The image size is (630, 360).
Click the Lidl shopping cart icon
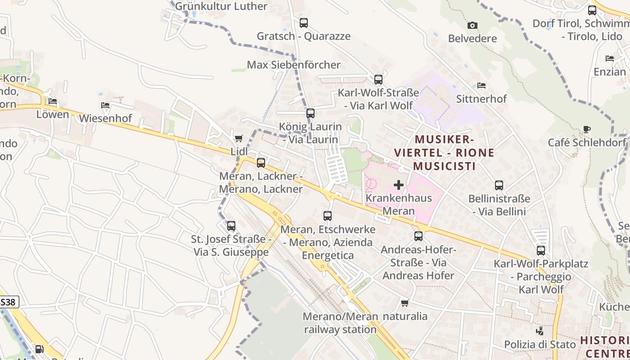[x=238, y=138]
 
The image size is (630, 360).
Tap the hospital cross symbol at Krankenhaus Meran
[x=398, y=184]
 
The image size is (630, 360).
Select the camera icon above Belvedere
[x=472, y=25]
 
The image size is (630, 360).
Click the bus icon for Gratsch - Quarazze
[x=304, y=22]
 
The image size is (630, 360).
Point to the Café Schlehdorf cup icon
[x=586, y=130]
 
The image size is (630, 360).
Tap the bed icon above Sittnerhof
[x=481, y=85]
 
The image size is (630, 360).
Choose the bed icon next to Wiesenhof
[x=105, y=105]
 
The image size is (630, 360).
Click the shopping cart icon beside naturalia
[x=405, y=303]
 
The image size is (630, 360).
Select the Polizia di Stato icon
[x=540, y=331]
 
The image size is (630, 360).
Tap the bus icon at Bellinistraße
[x=499, y=185]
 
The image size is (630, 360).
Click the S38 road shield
[x=9, y=302]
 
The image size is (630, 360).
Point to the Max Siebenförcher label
[x=293, y=65]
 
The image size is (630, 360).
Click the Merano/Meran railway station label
[x=340, y=323]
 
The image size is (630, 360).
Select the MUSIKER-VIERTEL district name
[x=444, y=153]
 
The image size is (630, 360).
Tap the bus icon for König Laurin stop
[x=310, y=113]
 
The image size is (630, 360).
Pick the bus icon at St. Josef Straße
[x=231, y=226]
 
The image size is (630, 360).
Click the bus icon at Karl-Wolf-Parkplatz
[x=540, y=250]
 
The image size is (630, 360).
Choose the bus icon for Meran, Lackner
[x=261, y=162]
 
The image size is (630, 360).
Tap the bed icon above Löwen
[x=53, y=101]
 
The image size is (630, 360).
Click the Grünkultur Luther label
[x=221, y=6]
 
